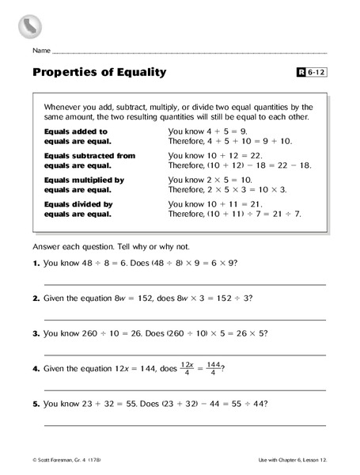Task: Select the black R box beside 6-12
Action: (x=301, y=73)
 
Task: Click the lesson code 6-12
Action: (x=316, y=73)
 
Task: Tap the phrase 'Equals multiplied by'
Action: (x=83, y=180)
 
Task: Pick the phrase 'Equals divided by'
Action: (x=78, y=204)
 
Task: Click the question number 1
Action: (x=36, y=262)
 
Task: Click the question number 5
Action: (x=36, y=403)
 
